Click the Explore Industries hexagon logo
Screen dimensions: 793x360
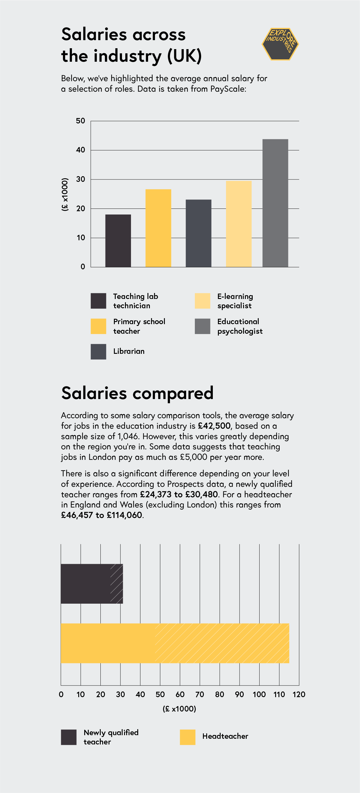click(x=280, y=44)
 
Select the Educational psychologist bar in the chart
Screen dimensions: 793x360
click(x=275, y=203)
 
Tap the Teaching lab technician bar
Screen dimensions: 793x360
click(x=118, y=241)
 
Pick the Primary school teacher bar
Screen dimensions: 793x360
click(x=158, y=228)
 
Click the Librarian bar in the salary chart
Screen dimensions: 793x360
click(x=198, y=233)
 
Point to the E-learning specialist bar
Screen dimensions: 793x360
click(x=238, y=223)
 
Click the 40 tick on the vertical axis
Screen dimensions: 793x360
click(x=80, y=150)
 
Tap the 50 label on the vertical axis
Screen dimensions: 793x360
click(x=80, y=121)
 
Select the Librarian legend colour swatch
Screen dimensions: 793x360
click(x=98, y=351)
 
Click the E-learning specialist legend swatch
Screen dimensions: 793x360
click(x=202, y=301)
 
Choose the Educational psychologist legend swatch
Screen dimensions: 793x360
click(x=202, y=326)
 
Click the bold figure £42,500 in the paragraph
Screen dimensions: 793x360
click(x=214, y=426)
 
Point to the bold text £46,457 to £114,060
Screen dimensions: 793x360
click(x=102, y=515)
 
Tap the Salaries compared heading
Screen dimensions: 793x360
click(x=137, y=393)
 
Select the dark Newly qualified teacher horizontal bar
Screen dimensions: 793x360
click(x=92, y=584)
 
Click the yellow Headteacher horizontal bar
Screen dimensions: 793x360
click(x=175, y=643)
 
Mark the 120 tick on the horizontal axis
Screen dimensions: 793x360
click(x=299, y=694)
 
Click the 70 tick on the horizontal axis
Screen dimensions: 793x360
click(x=200, y=694)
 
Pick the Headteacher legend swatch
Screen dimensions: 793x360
click(x=188, y=737)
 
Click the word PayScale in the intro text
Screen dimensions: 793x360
click(x=227, y=89)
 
